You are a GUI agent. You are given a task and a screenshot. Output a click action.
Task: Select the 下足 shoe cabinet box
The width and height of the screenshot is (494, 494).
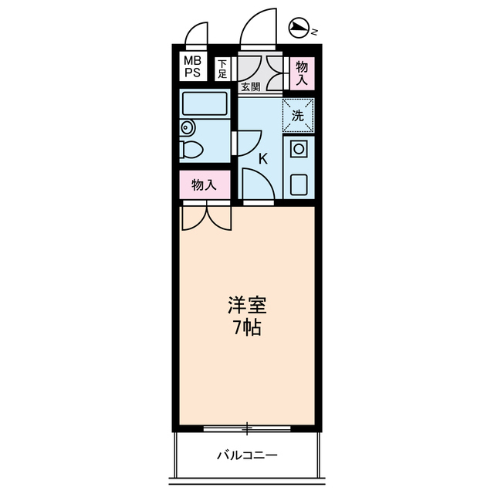pyautogui.click(x=222, y=69)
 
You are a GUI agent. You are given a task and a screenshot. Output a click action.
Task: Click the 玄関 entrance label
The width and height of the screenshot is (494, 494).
pyautogui.click(x=250, y=86)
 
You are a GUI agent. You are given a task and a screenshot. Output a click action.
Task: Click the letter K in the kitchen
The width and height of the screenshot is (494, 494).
pyautogui.click(x=262, y=160)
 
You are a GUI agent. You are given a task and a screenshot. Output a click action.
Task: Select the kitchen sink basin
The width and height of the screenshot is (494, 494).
pyautogui.click(x=299, y=184)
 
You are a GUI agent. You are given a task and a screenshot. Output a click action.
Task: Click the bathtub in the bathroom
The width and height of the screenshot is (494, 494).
pyautogui.click(x=205, y=104)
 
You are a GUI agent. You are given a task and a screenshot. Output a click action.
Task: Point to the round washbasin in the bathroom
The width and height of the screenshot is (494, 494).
pyautogui.click(x=187, y=128)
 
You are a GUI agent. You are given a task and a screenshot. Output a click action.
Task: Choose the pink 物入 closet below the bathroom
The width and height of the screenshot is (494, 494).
pyautogui.click(x=203, y=185)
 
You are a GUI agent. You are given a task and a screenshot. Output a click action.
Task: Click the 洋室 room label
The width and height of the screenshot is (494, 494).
pyautogui.click(x=246, y=303)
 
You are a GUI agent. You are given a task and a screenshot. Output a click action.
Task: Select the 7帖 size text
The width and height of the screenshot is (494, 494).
pyautogui.click(x=246, y=327)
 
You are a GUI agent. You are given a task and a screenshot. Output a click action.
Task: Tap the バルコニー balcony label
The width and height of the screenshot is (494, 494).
pyautogui.click(x=246, y=455)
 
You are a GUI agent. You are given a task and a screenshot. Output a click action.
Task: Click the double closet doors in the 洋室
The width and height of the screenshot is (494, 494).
pyautogui.click(x=206, y=217)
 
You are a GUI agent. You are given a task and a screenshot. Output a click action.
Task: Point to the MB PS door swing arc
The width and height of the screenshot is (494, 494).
pyautogui.click(x=197, y=35)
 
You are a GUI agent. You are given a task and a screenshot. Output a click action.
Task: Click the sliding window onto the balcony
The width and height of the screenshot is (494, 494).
pyautogui.click(x=246, y=427)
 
